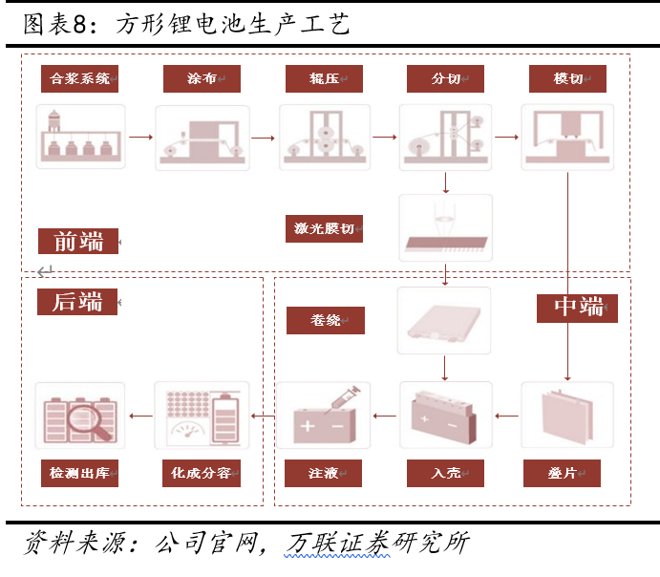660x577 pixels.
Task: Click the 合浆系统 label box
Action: pos(79,78)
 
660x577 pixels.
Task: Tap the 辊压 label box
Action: pos(324,78)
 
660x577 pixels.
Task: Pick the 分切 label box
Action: pos(445,78)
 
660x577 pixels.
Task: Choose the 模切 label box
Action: pos(567,78)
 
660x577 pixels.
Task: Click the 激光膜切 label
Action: pos(324,228)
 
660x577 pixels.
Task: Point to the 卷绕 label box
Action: pos(325,320)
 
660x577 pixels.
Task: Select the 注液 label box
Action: pos(323,473)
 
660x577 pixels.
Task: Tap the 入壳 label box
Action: pos(445,473)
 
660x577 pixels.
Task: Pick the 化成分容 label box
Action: pos(202,473)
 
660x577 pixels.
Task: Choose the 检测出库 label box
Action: pos(79,473)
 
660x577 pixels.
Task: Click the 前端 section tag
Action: pos(77,242)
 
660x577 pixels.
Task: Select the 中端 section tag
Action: pos(577,307)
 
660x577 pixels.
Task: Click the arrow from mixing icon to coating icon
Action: pos(140,138)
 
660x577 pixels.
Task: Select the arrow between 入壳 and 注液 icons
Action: pos(385,416)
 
